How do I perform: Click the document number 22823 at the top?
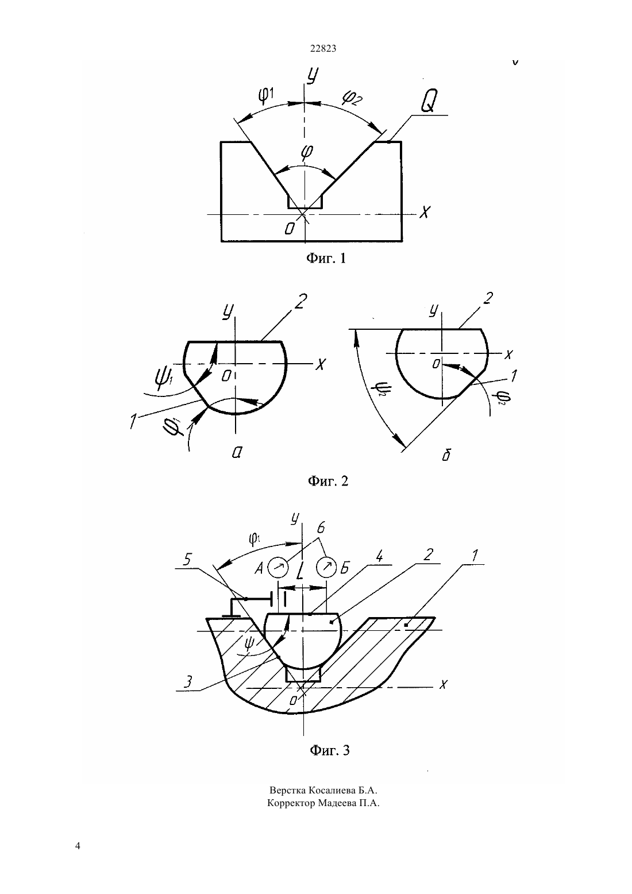click(x=323, y=49)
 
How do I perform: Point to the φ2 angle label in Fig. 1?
click(x=352, y=98)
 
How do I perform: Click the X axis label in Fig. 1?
click(x=425, y=212)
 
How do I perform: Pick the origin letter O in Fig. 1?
click(x=290, y=228)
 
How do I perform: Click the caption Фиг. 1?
click(x=326, y=258)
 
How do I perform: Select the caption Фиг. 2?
click(x=328, y=481)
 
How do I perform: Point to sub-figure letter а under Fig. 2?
click(x=237, y=452)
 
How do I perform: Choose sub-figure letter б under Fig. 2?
click(x=446, y=454)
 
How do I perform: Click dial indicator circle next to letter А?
click(x=278, y=568)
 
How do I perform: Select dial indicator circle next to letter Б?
click(x=326, y=568)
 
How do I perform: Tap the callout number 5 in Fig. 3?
click(x=187, y=560)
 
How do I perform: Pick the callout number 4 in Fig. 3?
click(x=379, y=556)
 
